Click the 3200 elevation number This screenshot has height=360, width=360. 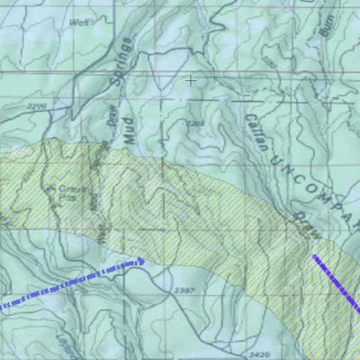tap(37, 106)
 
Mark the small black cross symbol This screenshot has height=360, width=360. tap(190, 81)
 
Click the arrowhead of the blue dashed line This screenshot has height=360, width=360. tap(139, 261)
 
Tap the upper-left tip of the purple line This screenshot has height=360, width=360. tap(314, 256)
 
